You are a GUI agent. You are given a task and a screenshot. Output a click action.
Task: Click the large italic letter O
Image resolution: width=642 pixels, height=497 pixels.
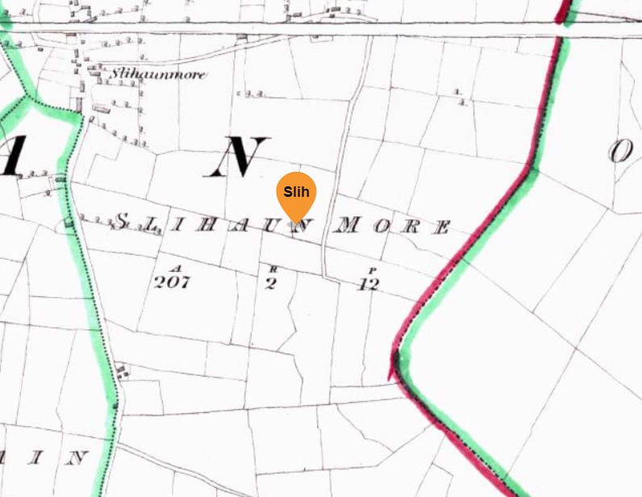click(619, 151)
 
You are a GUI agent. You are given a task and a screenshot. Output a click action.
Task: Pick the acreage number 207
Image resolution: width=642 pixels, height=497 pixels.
click(171, 282)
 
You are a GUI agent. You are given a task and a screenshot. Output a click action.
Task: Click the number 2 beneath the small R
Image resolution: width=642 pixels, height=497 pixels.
click(271, 283)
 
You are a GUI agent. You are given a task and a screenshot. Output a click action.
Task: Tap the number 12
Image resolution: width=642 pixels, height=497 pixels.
click(367, 284)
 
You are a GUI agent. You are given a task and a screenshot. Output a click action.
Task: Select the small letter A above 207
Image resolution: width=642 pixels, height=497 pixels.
click(176, 267)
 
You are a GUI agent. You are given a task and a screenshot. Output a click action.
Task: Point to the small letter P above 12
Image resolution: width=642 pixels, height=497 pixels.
click(371, 269)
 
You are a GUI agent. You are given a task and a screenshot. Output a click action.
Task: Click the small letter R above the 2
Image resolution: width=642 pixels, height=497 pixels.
click(273, 268)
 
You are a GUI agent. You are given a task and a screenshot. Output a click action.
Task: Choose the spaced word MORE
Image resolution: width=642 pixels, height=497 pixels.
click(390, 226)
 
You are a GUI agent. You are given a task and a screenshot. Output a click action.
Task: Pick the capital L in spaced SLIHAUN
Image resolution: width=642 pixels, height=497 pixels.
click(152, 222)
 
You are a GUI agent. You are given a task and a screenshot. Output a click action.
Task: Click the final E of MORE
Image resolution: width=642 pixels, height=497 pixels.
click(442, 228)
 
